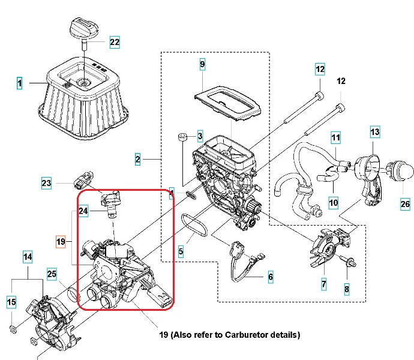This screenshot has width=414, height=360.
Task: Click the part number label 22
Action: coord(114,42)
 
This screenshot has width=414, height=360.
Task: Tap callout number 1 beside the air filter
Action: coord(19,84)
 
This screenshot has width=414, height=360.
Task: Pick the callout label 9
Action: coord(202,64)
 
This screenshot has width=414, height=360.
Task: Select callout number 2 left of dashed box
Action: coord(138,160)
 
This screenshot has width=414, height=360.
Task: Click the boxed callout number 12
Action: coord(320,69)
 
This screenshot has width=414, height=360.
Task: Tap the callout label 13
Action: coord(374,131)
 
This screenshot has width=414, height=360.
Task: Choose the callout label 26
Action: coord(404,204)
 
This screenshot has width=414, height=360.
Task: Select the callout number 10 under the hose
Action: coord(333,202)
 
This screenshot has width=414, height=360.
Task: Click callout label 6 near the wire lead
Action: coord(270,277)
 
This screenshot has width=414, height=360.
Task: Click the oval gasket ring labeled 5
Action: coord(194,229)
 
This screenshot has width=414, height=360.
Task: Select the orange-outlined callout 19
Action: coord(59,242)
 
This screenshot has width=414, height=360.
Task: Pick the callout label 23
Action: coord(47,183)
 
